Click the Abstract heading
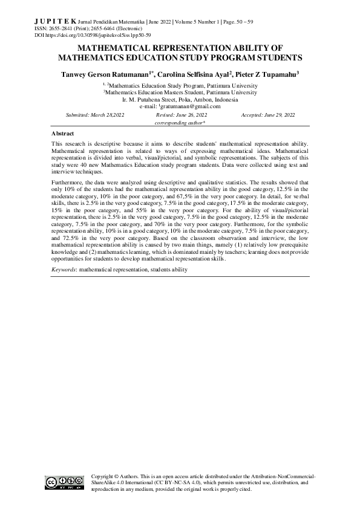[x=63, y=133]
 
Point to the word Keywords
[x=64, y=269]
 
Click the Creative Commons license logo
[x=64, y=482]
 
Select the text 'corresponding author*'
[x=180, y=122]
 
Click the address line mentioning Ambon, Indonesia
[x=180, y=99]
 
